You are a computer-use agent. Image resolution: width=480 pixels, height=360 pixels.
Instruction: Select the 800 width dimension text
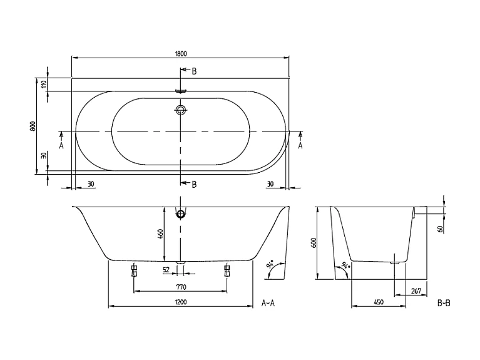(32, 125)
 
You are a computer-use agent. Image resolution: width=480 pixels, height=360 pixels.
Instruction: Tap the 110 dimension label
(44, 85)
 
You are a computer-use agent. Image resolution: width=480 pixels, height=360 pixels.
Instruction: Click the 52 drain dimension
(166, 270)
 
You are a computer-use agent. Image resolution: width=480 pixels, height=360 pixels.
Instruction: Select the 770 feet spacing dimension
(180, 287)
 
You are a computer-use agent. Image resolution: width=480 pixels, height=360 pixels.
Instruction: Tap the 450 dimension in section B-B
(378, 302)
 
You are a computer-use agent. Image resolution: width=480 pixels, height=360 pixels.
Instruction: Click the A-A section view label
(267, 303)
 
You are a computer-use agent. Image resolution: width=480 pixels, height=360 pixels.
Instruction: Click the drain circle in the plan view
(181, 111)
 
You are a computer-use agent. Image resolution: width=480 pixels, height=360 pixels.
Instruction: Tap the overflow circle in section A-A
(181, 213)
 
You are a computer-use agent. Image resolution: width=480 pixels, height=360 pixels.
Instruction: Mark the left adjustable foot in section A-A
(134, 270)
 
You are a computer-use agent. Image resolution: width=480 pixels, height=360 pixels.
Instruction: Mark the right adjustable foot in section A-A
(227, 270)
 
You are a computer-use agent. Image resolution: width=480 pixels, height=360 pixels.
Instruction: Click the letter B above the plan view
(194, 71)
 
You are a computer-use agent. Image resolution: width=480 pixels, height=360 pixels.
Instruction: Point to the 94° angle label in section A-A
(270, 270)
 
